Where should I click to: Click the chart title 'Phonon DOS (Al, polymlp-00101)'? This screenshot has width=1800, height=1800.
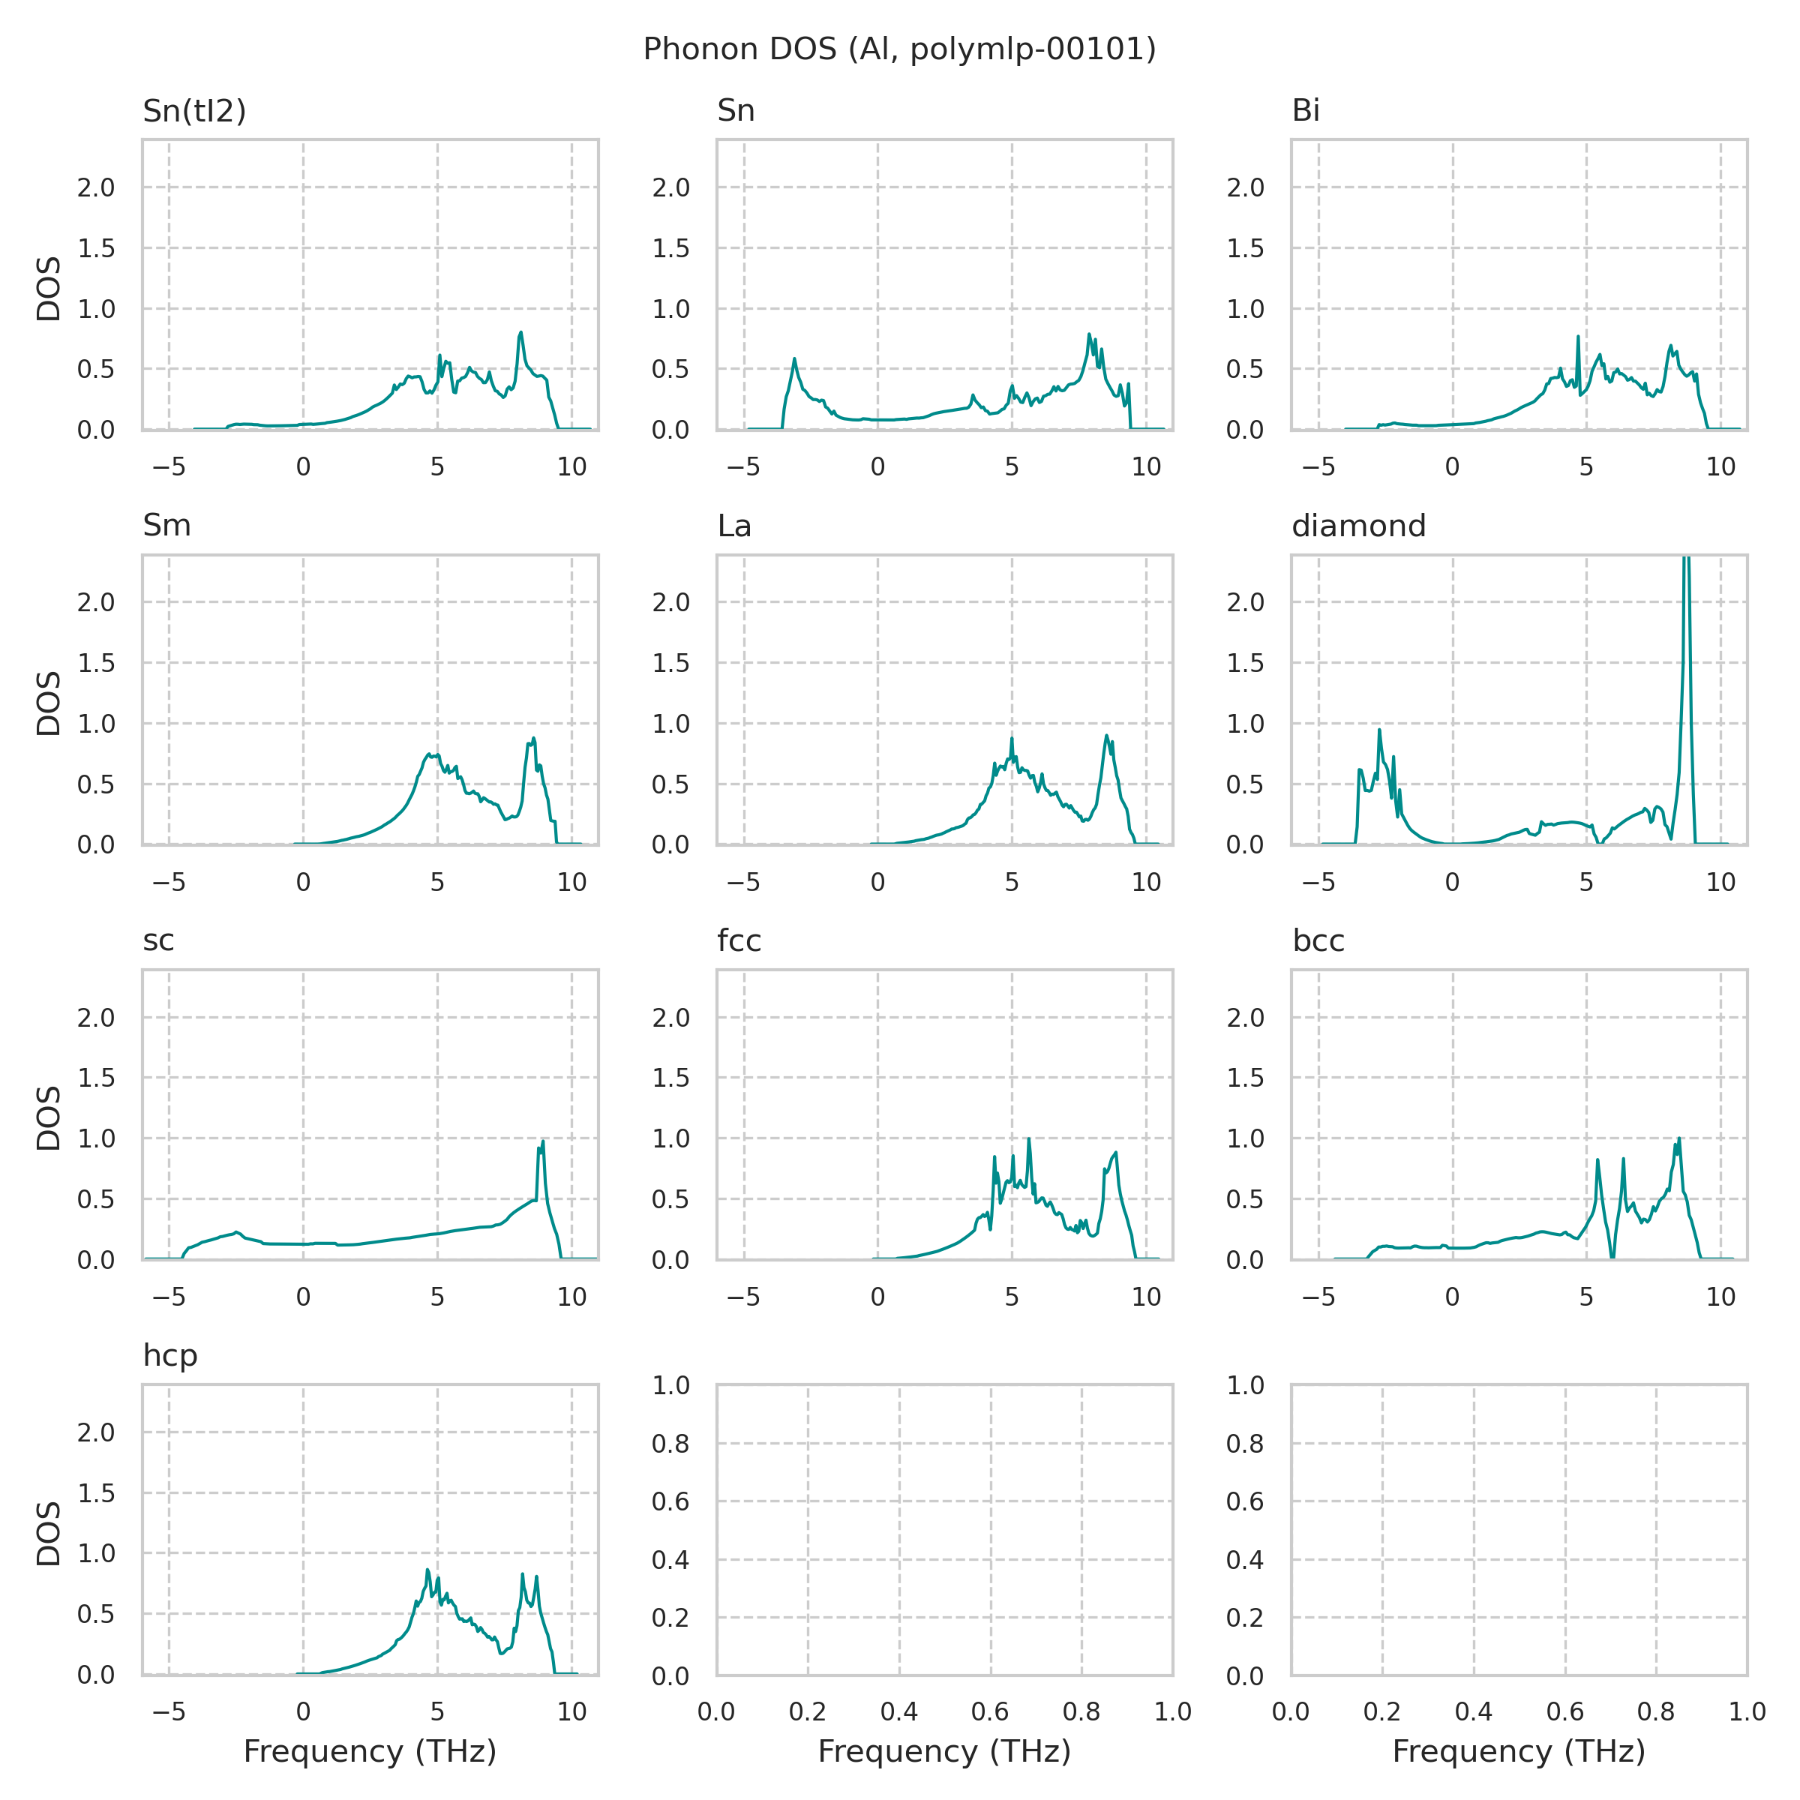[x=899, y=49]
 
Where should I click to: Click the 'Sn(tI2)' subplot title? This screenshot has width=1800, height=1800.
[x=193, y=111]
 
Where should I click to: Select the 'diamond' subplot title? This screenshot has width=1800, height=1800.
[x=1358, y=526]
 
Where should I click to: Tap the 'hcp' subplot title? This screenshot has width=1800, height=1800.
[x=169, y=1355]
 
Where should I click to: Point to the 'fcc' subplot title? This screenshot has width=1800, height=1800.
[x=739, y=941]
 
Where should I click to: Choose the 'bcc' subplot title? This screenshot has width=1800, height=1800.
[x=1318, y=941]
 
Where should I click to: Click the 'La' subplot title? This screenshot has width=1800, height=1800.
[x=734, y=526]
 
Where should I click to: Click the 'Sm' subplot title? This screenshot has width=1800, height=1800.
[x=166, y=526]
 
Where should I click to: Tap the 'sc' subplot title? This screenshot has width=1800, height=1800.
[x=158, y=941]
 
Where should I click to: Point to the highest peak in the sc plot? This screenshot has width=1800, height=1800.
[x=542, y=1142]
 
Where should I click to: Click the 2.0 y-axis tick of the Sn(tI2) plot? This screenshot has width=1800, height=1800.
[x=96, y=188]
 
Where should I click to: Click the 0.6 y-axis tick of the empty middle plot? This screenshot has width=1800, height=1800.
[x=670, y=1501]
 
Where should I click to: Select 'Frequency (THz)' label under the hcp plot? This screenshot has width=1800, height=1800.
[x=370, y=1751]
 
